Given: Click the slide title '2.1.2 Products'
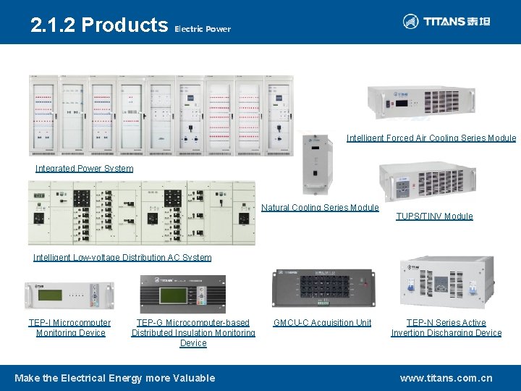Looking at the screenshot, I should pyautogui.click(x=98, y=25).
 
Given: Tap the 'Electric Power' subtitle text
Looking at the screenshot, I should pyautogui.click(x=203, y=30).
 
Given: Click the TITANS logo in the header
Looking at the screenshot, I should pyautogui.click(x=446, y=22).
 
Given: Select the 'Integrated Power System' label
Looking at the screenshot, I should pyautogui.click(x=84, y=169).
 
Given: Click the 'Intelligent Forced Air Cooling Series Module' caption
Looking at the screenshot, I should pyautogui.click(x=431, y=138).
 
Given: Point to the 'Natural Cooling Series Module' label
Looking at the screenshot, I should pyautogui.click(x=320, y=208).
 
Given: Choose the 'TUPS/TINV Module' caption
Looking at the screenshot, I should pyautogui.click(x=434, y=216).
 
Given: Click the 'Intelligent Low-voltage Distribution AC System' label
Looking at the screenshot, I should pyautogui.click(x=122, y=258).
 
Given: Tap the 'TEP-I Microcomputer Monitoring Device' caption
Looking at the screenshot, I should pyautogui.click(x=70, y=328).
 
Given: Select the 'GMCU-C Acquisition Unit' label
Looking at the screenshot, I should pyautogui.click(x=322, y=323).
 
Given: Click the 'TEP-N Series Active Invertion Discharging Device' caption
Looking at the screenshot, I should pyautogui.click(x=446, y=328).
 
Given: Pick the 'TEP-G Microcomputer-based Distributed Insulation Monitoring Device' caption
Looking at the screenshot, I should pyautogui.click(x=193, y=333).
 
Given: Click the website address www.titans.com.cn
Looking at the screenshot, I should pyautogui.click(x=446, y=378).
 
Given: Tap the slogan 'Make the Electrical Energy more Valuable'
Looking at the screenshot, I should pyautogui.click(x=114, y=378).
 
